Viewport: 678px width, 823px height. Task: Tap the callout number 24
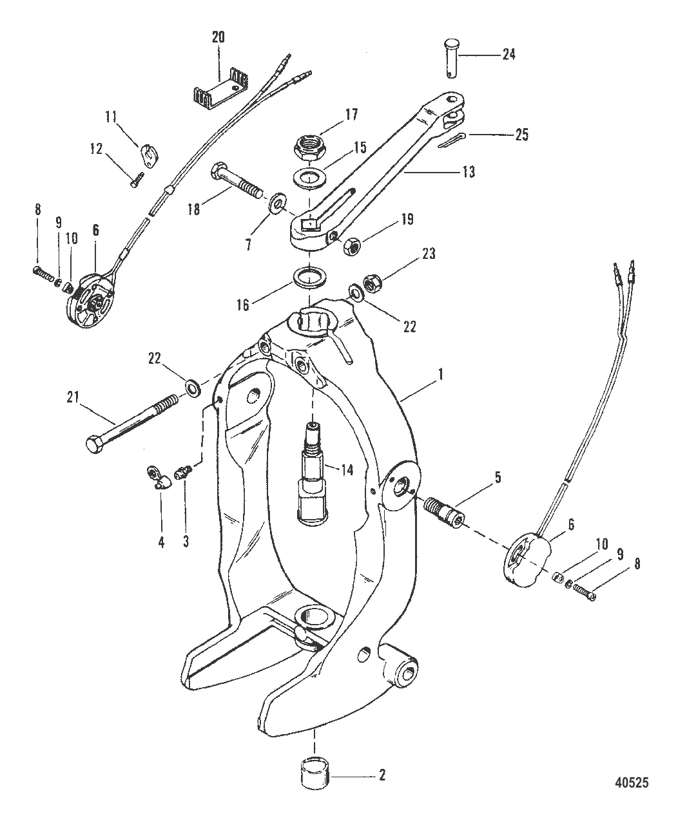[508, 54]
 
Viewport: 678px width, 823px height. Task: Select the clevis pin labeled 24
[452, 58]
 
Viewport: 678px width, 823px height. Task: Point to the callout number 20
[218, 37]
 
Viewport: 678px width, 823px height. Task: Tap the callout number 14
[347, 470]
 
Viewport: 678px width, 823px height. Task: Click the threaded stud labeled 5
[445, 511]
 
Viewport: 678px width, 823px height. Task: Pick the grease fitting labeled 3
[183, 472]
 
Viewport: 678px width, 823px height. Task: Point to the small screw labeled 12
[137, 180]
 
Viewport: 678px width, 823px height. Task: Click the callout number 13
[469, 172]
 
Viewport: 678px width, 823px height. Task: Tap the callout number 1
[441, 375]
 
